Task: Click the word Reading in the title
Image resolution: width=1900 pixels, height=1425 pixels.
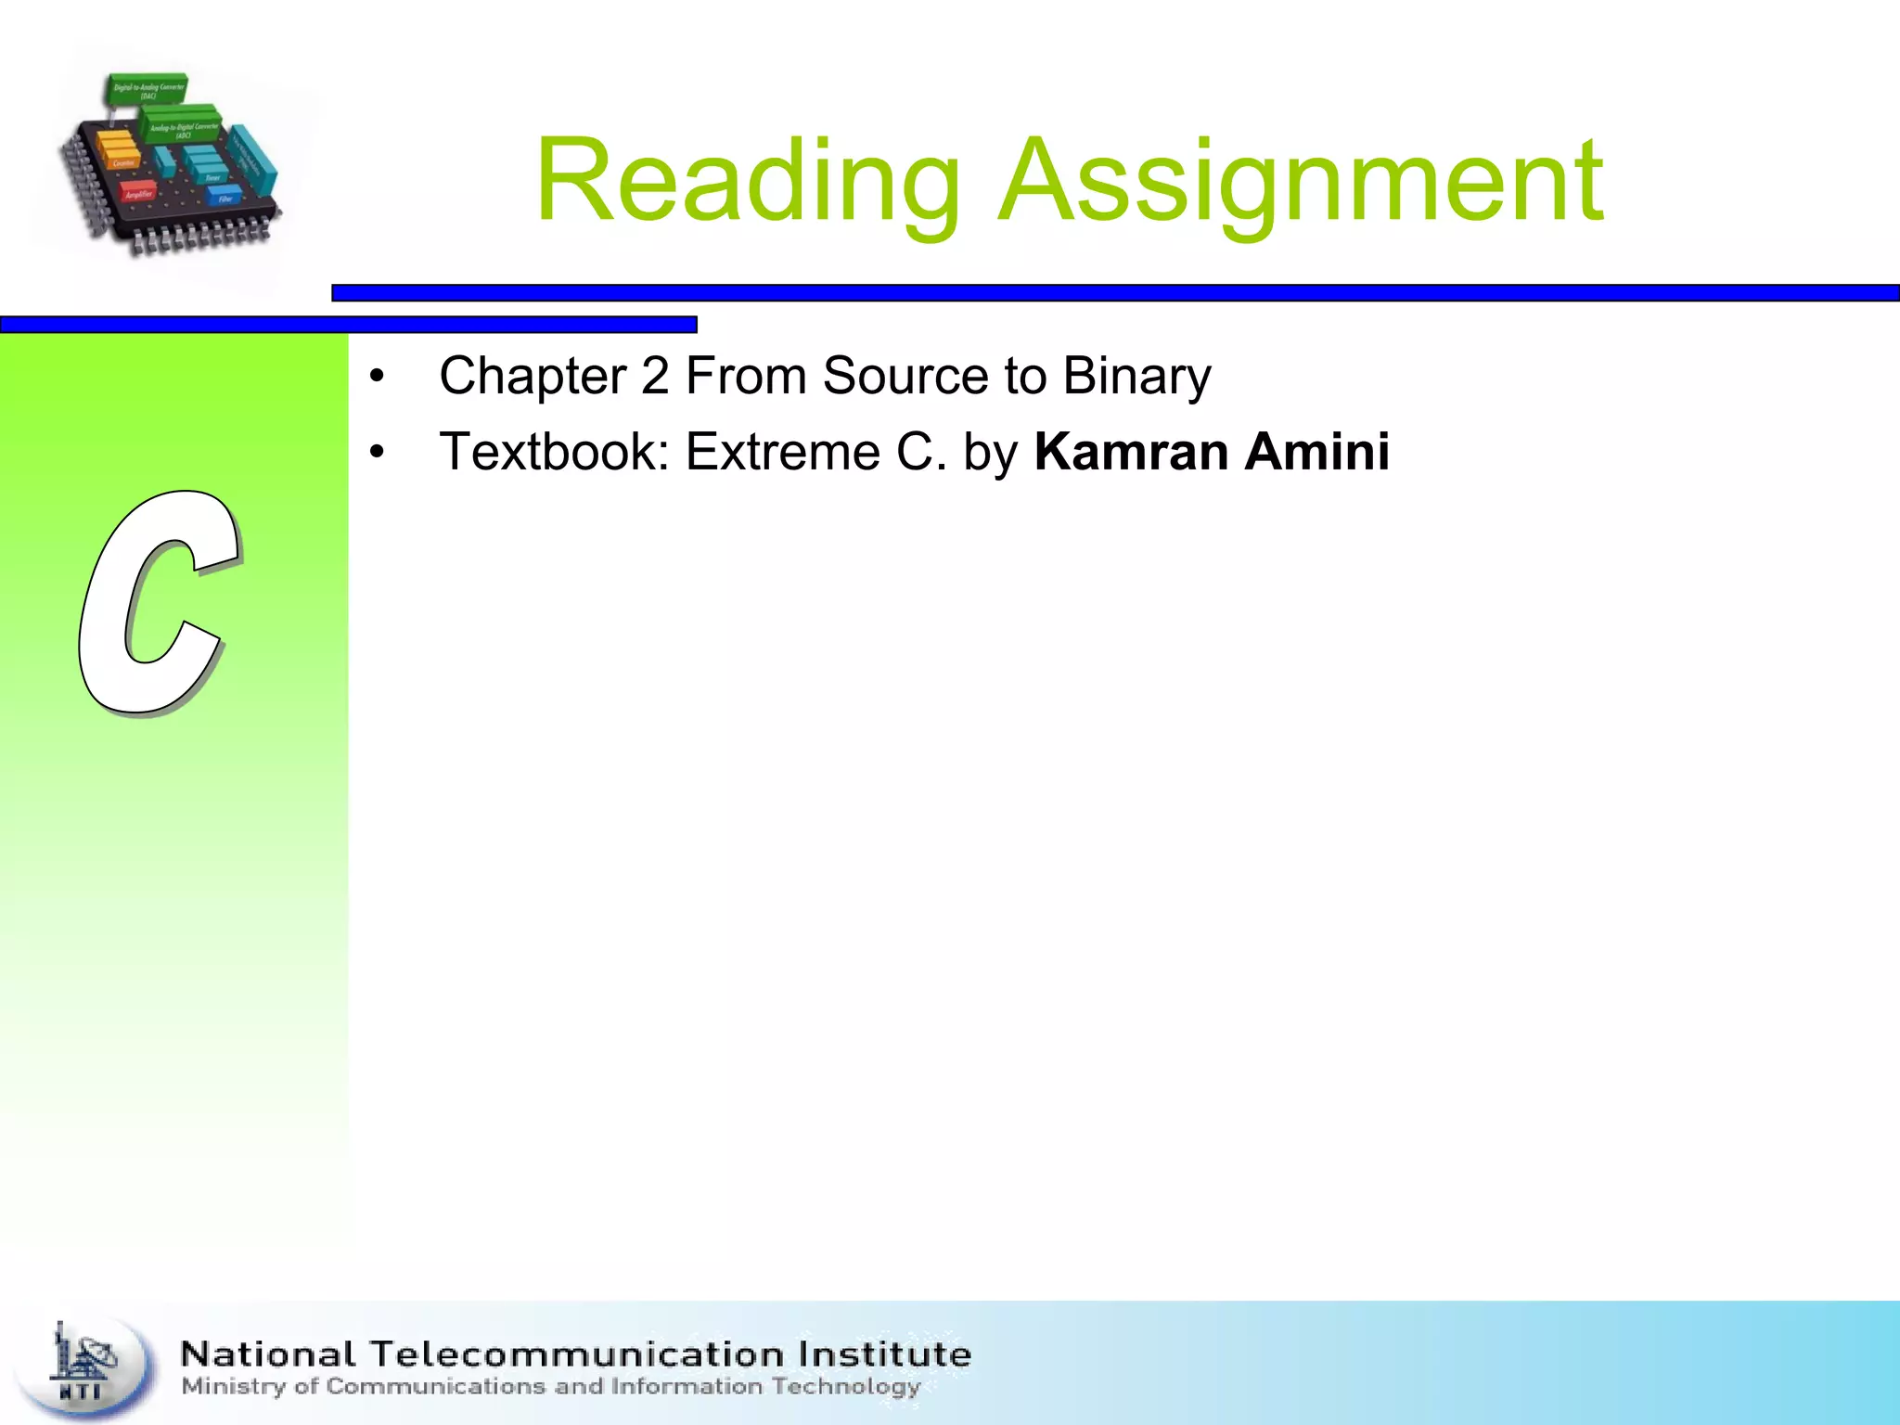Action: [748, 181]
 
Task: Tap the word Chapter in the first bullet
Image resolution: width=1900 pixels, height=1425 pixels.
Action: [533, 377]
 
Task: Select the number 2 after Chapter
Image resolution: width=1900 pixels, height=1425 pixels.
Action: [654, 377]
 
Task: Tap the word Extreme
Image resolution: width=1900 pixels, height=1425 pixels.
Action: [782, 452]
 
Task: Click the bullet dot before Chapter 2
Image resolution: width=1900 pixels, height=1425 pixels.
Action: [376, 378]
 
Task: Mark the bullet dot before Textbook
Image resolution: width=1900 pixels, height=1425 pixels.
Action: [376, 453]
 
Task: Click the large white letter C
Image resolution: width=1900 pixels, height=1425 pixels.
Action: [158, 603]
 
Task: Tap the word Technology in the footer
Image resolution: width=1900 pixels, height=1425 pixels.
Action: [845, 1387]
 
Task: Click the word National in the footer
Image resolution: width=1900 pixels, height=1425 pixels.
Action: [268, 1354]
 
